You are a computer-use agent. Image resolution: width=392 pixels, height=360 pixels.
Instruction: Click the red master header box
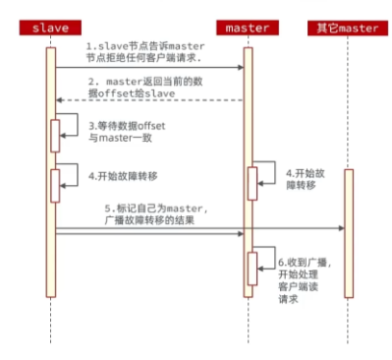click(x=248, y=28)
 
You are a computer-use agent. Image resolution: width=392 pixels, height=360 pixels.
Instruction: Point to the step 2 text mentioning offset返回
click(x=148, y=87)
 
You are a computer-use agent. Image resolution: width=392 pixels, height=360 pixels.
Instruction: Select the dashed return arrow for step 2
click(x=147, y=100)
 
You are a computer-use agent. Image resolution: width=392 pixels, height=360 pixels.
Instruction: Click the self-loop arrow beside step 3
click(x=71, y=125)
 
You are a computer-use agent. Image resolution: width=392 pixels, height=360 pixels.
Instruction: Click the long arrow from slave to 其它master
click(x=196, y=229)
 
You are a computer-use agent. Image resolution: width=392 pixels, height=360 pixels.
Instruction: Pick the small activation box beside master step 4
click(x=252, y=182)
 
